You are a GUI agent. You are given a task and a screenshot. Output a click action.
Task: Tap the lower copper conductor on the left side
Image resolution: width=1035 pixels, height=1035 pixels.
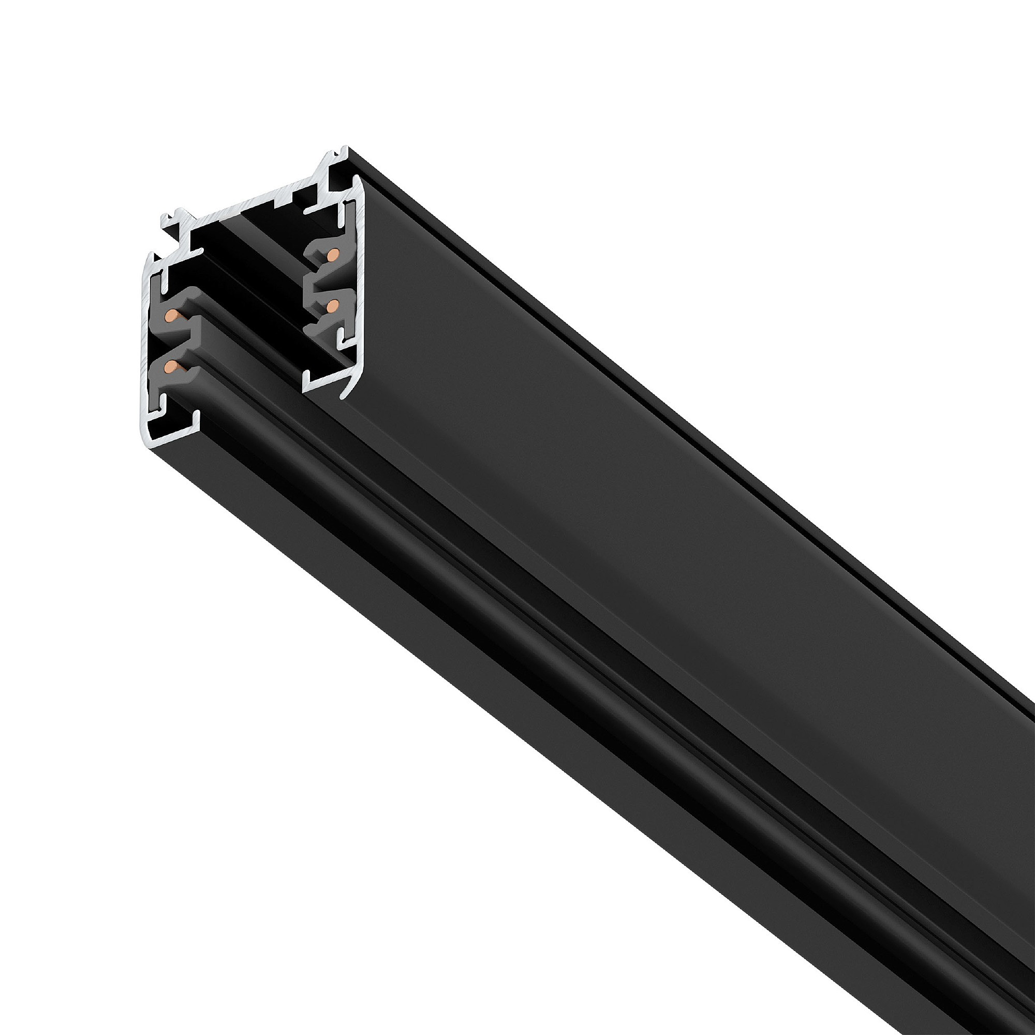coord(171,366)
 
